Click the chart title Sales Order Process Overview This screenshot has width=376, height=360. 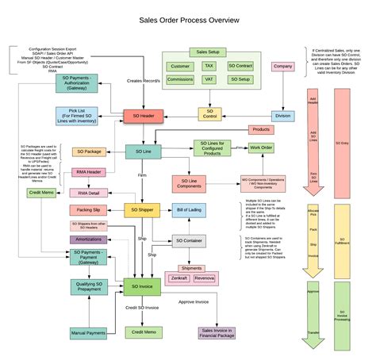[188, 24]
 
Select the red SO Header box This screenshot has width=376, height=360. [143, 116]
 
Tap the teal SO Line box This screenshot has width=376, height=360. [143, 151]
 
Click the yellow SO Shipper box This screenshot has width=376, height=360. [143, 210]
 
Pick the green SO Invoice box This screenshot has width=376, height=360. [143, 286]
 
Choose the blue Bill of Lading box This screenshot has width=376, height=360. [189, 210]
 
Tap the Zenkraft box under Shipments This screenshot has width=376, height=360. [178, 279]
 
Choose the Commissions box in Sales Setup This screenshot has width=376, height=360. [180, 80]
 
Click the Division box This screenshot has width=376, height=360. [283, 116]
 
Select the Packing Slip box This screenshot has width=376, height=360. [89, 210]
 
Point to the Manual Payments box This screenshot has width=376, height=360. [89, 333]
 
